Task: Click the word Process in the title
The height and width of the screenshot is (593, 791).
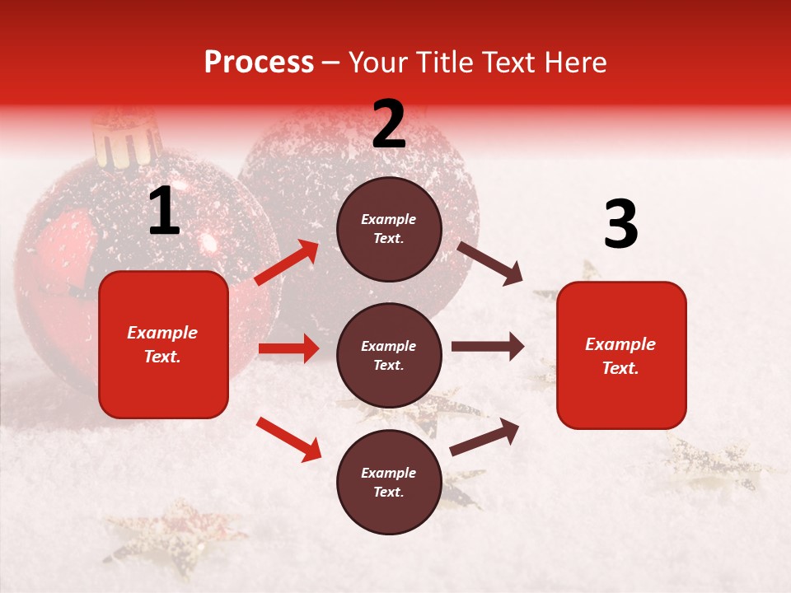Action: coord(259,63)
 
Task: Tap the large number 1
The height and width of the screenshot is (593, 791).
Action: coord(164,212)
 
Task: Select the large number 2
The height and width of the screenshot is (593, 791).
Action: coord(389,124)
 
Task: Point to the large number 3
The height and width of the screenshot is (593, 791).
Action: coord(620,225)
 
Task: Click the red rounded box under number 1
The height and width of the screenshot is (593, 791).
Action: coord(163,344)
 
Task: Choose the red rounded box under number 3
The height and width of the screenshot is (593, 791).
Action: coord(621,355)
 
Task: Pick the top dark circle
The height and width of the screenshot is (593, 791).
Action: coord(389,229)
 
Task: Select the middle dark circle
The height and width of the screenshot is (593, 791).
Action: coord(389,355)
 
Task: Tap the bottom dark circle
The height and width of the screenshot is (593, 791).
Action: coord(389,482)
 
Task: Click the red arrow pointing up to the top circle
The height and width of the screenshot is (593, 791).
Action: coord(287,263)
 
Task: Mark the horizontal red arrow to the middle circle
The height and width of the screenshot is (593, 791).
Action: coord(288,348)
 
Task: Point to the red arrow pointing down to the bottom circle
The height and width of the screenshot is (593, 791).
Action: coord(288,438)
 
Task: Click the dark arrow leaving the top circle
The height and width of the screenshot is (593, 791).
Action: coord(490,263)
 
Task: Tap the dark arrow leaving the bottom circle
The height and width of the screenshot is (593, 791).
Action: coord(484,437)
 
